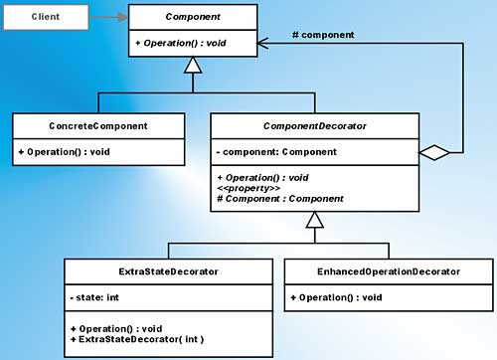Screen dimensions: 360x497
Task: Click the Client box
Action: (x=45, y=17)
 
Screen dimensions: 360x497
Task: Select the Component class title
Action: (x=192, y=17)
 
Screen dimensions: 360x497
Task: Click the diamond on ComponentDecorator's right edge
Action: (x=435, y=152)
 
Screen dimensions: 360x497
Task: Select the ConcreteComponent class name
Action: (x=98, y=125)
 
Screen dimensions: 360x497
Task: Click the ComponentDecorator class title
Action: (x=315, y=125)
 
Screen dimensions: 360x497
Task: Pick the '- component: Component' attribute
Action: (x=276, y=151)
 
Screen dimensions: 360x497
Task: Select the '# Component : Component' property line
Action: (x=279, y=198)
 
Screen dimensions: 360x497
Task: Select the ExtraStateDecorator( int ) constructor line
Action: (x=138, y=339)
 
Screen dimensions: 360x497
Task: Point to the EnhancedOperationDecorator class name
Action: (x=388, y=270)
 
